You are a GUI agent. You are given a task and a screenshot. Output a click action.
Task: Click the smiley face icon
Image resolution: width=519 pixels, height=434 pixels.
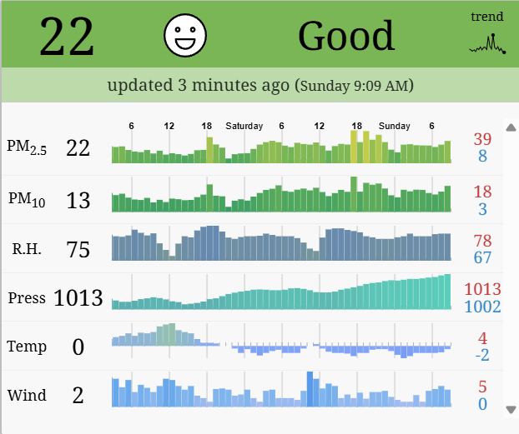[185, 36]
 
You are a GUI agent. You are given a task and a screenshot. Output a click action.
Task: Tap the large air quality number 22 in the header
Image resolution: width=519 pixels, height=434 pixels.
[67, 37]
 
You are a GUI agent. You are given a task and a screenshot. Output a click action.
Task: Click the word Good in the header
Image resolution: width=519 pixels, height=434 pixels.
[346, 36]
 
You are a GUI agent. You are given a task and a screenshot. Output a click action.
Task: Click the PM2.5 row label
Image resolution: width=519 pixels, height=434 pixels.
[27, 147]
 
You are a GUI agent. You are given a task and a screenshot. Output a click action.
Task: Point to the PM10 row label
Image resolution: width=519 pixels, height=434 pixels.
[27, 200]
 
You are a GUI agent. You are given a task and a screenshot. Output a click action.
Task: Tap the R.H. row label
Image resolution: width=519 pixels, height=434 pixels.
[28, 248]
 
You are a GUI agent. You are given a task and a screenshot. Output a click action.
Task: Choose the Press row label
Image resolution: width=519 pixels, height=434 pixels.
[27, 297]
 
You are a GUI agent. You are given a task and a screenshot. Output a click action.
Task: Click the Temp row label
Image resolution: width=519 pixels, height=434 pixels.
[27, 346]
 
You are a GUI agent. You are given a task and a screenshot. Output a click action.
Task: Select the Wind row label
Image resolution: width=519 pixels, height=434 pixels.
[27, 395]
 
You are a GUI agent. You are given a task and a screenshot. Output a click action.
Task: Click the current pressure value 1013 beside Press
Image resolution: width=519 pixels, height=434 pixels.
[78, 297]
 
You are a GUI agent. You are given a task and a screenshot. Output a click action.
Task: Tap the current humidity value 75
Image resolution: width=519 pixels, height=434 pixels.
[78, 249]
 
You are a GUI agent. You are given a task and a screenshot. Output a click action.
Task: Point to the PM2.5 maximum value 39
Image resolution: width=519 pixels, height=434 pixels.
[482, 139]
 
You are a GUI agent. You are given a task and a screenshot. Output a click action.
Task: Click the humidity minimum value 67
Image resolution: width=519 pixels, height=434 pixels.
[482, 257]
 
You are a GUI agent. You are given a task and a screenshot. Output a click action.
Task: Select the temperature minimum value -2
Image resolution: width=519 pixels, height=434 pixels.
[482, 356]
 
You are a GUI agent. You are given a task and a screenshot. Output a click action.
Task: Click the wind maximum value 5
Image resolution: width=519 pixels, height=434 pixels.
[482, 387]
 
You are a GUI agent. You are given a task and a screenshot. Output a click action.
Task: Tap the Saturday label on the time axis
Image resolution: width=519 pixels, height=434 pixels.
[244, 126]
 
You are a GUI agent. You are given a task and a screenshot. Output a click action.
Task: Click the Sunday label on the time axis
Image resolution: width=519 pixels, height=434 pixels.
[394, 126]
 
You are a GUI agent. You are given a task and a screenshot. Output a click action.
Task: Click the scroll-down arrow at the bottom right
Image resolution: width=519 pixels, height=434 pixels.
[511, 409]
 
